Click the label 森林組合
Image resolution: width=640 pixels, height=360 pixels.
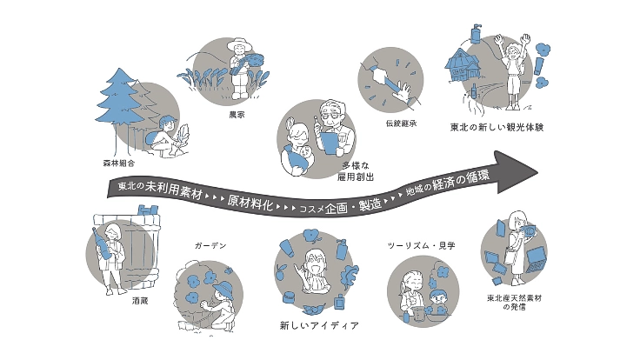tap(119, 163)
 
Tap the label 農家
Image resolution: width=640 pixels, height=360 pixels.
tap(237, 115)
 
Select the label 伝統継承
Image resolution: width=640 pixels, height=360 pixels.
tap(401, 123)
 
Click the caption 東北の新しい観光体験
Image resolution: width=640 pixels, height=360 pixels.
tap(497, 127)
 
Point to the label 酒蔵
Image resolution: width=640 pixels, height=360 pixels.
tap(140, 301)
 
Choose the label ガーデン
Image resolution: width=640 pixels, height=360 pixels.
tap(210, 246)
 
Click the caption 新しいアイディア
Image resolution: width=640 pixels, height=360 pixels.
tap(319, 325)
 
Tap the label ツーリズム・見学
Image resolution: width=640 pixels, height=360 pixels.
tap(421, 246)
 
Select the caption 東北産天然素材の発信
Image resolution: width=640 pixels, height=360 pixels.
tap(514, 302)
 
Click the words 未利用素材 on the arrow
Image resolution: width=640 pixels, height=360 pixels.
tap(173, 190)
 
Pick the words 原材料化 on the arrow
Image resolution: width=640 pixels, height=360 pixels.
tap(250, 202)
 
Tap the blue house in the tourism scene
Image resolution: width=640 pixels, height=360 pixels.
tap(462, 66)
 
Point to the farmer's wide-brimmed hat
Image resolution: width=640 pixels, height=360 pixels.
tap(239, 43)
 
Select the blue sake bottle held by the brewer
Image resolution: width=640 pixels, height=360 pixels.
tap(102, 243)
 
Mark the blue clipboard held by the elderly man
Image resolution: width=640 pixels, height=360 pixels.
tap(329, 143)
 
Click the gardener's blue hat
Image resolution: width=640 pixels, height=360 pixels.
tap(224, 290)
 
